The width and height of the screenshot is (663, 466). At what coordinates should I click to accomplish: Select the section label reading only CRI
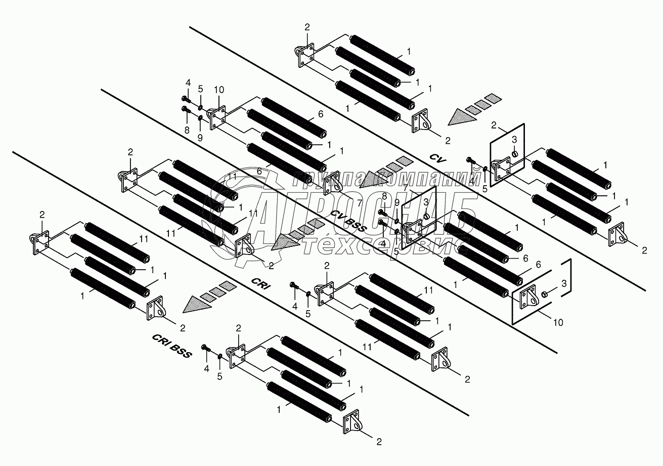pyautogui.click(x=261, y=286)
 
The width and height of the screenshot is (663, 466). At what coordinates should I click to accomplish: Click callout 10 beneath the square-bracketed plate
pyautogui.click(x=557, y=322)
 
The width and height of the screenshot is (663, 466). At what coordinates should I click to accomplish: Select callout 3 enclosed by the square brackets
pyautogui.click(x=563, y=285)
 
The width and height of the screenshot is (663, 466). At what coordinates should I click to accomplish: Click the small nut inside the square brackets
pyautogui.click(x=545, y=294)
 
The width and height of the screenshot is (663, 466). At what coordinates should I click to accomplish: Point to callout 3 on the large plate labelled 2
pyautogui.click(x=513, y=139)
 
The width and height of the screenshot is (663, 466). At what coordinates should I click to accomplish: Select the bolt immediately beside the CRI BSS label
pyautogui.click(x=205, y=348)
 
